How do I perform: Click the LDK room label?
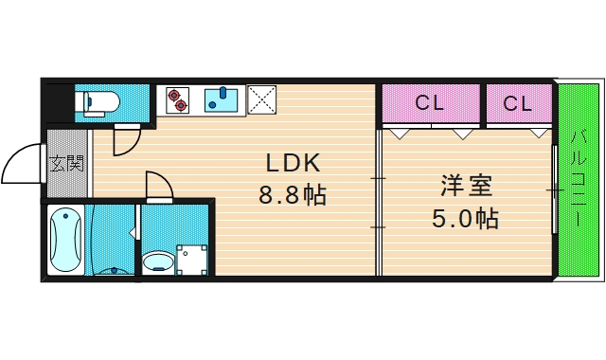(293, 161)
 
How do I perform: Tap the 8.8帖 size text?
(293, 196)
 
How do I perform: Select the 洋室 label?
(466, 186)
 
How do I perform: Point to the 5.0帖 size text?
(466, 220)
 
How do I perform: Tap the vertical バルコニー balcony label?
(577, 180)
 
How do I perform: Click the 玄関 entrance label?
(66, 164)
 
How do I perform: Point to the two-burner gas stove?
(178, 99)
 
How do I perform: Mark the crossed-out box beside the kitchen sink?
(260, 99)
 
